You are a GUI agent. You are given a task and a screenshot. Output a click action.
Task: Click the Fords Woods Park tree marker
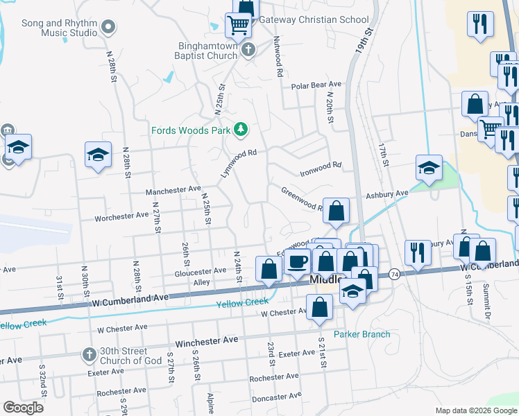(241, 129)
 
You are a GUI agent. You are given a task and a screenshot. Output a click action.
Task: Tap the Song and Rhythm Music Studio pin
(108, 28)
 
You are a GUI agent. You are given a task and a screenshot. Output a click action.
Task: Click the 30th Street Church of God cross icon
(88, 354)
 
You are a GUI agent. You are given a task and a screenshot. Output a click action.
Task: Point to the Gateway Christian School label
(314, 20)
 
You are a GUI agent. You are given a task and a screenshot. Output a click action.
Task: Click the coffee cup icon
(297, 262)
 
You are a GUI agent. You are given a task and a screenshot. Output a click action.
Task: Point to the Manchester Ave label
(173, 190)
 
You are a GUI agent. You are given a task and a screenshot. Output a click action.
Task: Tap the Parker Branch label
(361, 334)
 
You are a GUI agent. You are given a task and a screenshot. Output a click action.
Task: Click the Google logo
(23, 408)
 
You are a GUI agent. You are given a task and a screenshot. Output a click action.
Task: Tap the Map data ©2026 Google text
(475, 410)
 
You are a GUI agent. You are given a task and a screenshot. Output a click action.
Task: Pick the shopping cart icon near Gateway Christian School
(238, 25)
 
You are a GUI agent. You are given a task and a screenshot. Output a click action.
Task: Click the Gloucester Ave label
(201, 270)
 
